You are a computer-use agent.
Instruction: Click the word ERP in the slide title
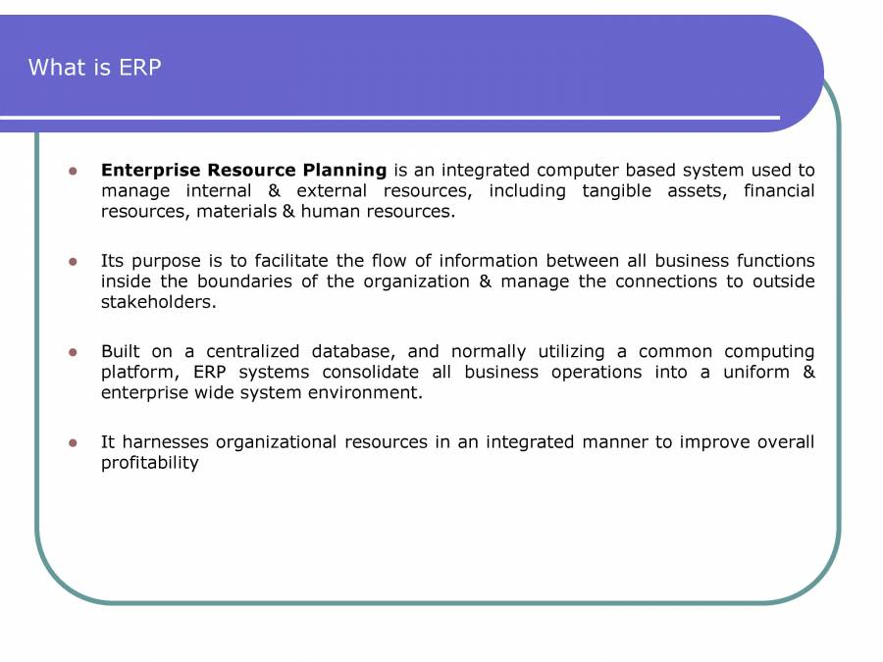pyautogui.click(x=140, y=68)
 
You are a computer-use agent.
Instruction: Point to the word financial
pyautogui.click(x=778, y=190)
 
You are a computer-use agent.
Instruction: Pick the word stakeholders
pyautogui.click(x=158, y=302)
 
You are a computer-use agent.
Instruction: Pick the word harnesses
pyautogui.click(x=165, y=442)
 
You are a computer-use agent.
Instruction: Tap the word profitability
pyautogui.click(x=149, y=463)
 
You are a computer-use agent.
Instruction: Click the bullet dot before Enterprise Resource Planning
pyautogui.click(x=72, y=171)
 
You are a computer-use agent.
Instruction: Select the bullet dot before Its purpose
pyautogui.click(x=72, y=262)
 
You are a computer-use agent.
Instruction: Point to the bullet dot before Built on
pyautogui.click(x=72, y=352)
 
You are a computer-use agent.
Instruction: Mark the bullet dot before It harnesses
pyautogui.click(x=72, y=443)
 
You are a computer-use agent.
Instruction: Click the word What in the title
pyautogui.click(x=52, y=68)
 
